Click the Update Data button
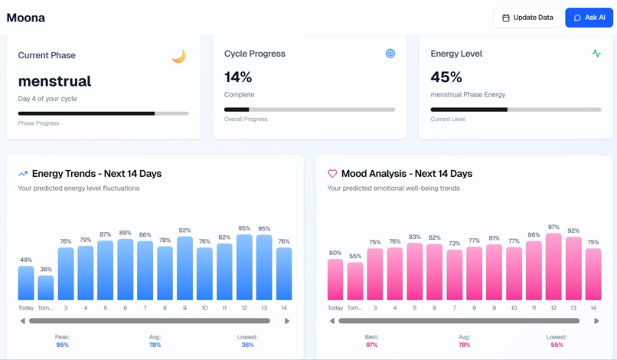click(x=527, y=18)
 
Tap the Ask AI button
click(x=589, y=18)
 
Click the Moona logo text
click(x=25, y=18)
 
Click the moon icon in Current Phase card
click(x=178, y=56)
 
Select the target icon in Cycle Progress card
click(x=390, y=54)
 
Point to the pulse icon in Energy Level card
click(x=596, y=54)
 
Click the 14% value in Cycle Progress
click(x=238, y=77)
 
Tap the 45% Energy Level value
click(x=446, y=77)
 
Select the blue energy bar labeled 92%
click(x=184, y=268)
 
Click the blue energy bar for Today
click(x=26, y=283)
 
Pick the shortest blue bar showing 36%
click(x=46, y=287)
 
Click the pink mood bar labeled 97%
click(x=553, y=267)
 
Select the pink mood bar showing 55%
click(x=355, y=281)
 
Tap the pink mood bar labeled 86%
click(x=534, y=270)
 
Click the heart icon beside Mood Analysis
click(x=332, y=174)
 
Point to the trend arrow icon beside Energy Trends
click(x=23, y=174)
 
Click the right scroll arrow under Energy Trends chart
click(x=287, y=321)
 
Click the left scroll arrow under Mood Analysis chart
click(x=331, y=321)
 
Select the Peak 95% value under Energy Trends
click(x=62, y=345)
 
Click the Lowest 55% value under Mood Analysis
click(x=557, y=345)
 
